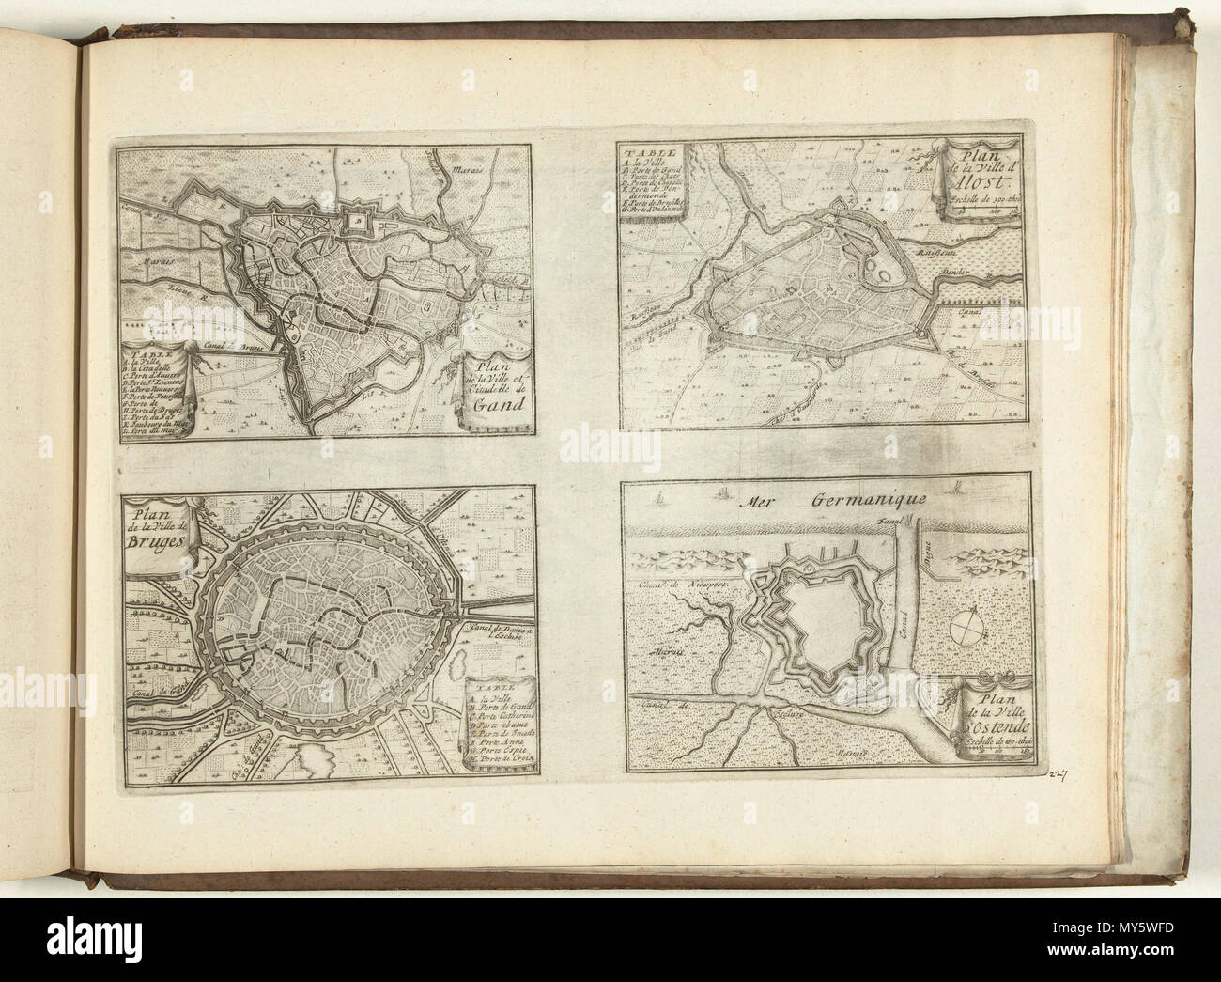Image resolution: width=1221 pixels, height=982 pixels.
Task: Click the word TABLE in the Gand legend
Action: (140, 345)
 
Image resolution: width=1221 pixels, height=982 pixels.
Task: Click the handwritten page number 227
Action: (1057, 772)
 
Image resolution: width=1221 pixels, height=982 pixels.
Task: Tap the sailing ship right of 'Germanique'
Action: (957, 486)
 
